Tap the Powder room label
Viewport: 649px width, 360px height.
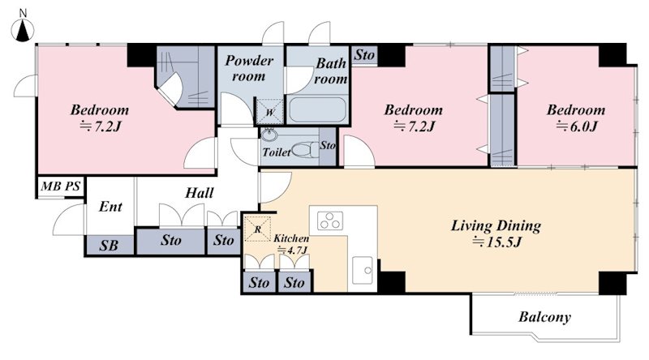[x=249, y=68]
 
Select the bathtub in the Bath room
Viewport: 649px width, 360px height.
[x=317, y=109]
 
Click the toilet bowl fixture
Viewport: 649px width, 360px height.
[x=306, y=149]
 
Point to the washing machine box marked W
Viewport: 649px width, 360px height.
[x=270, y=112]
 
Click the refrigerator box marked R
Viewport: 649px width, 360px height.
[x=257, y=229]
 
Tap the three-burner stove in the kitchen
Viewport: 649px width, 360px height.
[x=330, y=221]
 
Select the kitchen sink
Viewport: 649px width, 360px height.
[x=363, y=270]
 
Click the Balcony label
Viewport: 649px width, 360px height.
[x=544, y=317]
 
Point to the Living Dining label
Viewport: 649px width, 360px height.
[x=496, y=226]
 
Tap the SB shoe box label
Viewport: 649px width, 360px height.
[x=109, y=246]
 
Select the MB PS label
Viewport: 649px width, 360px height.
[x=60, y=186]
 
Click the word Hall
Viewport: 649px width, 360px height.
[x=200, y=193]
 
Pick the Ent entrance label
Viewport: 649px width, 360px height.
[x=110, y=207]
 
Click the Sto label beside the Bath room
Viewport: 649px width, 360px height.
[x=364, y=54]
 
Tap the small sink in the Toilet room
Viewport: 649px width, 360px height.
[x=269, y=135]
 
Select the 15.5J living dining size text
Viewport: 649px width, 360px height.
[x=496, y=242]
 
